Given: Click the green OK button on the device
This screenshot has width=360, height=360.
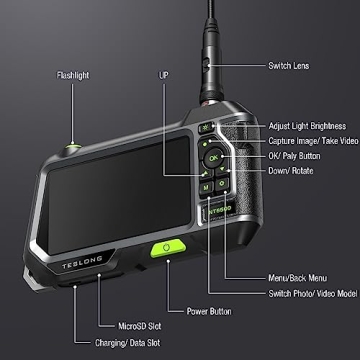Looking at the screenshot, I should pos(213,157).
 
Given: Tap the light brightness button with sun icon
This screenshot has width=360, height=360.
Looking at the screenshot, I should pos(205,128).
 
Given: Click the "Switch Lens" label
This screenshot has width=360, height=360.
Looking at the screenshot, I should pos(289,66).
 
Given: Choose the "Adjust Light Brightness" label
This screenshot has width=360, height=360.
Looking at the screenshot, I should pos(307,126).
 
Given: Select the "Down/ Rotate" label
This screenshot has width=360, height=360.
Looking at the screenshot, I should pos(291,171).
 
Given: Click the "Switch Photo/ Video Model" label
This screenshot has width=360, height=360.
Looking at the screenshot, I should pos(313,293).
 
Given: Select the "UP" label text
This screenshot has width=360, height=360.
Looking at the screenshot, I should pos(164,74).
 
